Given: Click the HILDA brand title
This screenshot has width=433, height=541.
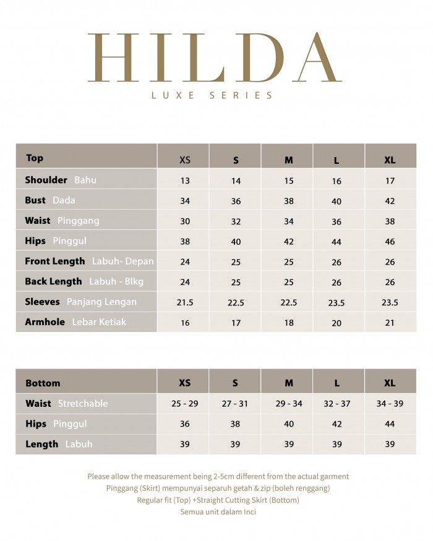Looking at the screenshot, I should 215,58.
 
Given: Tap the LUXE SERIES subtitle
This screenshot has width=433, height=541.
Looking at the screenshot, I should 212,95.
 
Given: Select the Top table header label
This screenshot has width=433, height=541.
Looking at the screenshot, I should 35,158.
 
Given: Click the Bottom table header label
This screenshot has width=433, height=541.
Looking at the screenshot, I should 43,383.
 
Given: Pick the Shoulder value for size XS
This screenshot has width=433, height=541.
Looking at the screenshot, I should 185,181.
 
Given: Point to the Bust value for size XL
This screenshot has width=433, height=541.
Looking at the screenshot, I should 390,202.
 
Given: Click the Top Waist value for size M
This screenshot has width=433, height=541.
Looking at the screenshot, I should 288,221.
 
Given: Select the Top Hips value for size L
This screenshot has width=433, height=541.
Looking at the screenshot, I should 337,242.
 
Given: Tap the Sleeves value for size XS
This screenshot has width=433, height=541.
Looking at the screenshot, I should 185,302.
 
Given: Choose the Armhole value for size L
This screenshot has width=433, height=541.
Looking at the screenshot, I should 337,323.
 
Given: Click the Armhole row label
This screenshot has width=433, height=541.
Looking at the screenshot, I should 45,322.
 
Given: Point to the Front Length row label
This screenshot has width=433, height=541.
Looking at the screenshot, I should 54,262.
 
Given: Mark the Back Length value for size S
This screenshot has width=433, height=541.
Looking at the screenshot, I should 236,282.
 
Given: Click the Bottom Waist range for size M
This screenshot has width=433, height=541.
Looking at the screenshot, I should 288,403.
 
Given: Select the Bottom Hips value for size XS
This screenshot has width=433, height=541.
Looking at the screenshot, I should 185,424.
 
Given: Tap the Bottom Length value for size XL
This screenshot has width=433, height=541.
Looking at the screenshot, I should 390,445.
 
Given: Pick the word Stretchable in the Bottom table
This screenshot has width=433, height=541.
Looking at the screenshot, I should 83,404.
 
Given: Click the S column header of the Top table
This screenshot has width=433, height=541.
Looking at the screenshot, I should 236,160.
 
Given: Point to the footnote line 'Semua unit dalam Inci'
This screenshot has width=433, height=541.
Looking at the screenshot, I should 218,512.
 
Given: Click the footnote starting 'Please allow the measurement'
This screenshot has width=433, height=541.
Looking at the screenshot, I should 218,477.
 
